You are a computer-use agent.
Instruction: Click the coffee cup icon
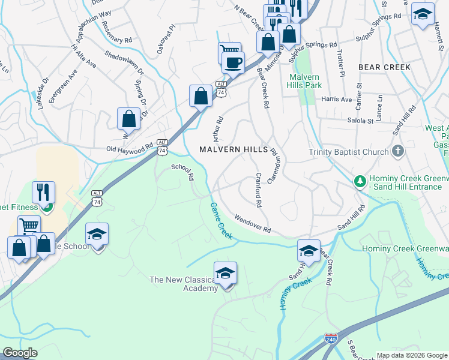point(233,62)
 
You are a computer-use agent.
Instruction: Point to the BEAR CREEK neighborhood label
point(385,67)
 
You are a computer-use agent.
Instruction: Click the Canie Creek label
point(220,218)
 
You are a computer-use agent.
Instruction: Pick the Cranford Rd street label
point(258,190)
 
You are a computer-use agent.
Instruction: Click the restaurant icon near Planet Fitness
point(43,192)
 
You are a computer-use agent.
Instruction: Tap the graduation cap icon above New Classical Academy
point(226,273)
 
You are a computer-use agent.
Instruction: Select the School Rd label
point(183,172)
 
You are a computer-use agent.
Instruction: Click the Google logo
point(20,353)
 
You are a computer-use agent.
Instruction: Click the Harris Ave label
point(337,99)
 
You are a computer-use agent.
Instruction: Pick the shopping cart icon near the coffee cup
point(229,52)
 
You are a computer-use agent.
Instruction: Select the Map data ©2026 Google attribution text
point(411,355)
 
